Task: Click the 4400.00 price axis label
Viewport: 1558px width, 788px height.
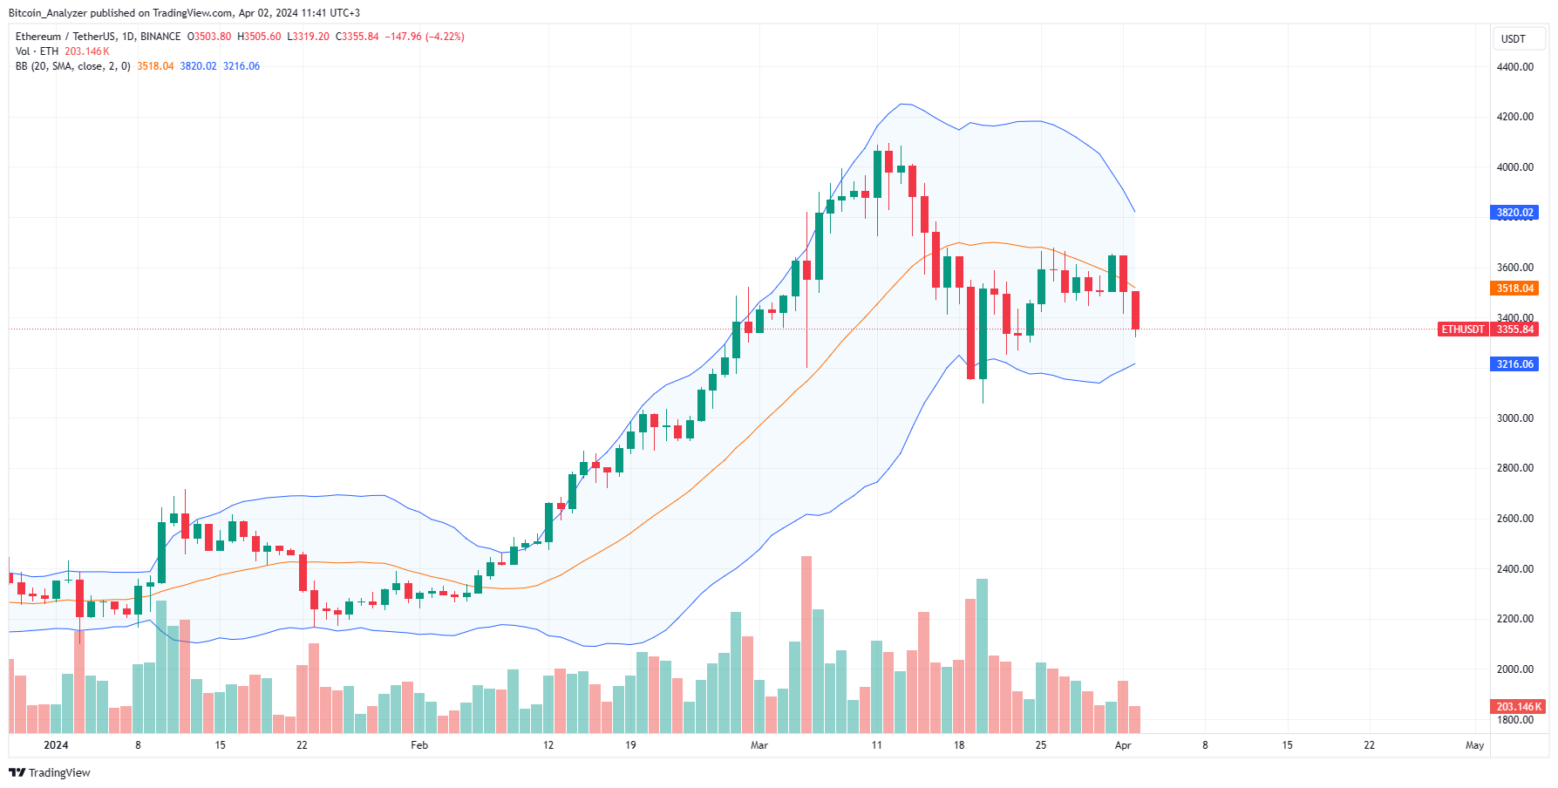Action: [x=1514, y=67]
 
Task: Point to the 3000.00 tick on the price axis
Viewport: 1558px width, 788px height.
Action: [x=1514, y=418]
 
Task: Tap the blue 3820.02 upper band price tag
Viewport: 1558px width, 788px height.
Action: [x=1514, y=213]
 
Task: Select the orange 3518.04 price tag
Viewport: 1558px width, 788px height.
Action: [x=1514, y=289]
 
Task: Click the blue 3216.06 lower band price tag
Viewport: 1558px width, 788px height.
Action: [x=1514, y=364]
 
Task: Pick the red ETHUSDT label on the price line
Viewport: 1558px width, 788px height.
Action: [x=1462, y=329]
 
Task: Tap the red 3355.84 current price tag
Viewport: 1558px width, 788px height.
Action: [x=1514, y=329]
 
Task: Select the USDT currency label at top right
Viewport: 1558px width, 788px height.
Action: [x=1513, y=39]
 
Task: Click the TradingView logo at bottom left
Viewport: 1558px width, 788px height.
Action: [x=50, y=773]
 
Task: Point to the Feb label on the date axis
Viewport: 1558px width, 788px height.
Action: [x=419, y=745]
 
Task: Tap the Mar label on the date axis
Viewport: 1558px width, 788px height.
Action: [x=759, y=745]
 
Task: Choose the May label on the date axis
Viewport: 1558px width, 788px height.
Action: [x=1474, y=745]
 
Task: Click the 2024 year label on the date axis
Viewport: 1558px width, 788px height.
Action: [x=56, y=745]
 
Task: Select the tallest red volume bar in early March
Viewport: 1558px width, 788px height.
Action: [x=806, y=645]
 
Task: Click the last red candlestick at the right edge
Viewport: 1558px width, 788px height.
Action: [x=1135, y=310]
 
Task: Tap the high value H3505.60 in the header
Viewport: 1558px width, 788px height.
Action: [x=259, y=37]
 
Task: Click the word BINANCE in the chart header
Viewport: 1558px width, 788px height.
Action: [x=160, y=37]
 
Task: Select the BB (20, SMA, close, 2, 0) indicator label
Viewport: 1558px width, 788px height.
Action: [x=73, y=66]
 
